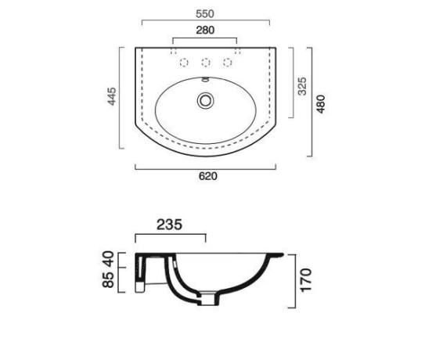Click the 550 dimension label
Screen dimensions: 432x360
tap(205, 14)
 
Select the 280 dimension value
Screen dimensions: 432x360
tap(205, 30)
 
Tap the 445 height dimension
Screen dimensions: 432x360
tap(112, 96)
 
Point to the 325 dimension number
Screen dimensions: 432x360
tap(302, 86)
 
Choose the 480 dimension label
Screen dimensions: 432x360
tap(321, 104)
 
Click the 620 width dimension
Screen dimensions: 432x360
tap(208, 176)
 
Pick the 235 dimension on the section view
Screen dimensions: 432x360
tap(170, 225)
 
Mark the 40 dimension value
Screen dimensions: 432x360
tap(108, 258)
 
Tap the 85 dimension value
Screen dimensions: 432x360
tap(108, 279)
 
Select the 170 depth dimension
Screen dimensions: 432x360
tap(306, 280)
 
